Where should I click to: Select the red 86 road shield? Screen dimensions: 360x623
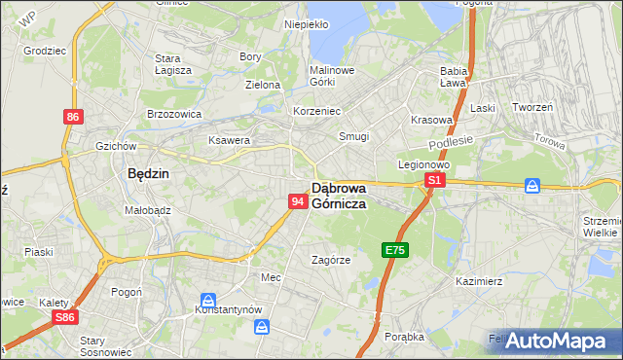[x=73, y=117]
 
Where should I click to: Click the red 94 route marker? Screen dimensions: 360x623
[x=299, y=200]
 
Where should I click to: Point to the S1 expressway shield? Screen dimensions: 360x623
[x=435, y=181]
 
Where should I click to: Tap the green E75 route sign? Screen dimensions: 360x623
[x=394, y=250]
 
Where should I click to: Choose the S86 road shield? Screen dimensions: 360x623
[x=65, y=317]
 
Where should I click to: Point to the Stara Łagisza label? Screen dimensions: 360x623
[x=173, y=64]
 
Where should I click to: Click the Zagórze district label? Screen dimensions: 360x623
[x=330, y=260]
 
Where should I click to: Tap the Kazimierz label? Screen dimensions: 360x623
[x=478, y=281]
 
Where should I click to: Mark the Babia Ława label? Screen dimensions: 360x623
[x=455, y=77]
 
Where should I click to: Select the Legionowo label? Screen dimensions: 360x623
[x=421, y=164]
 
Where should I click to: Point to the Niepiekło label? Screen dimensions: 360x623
[x=306, y=24]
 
